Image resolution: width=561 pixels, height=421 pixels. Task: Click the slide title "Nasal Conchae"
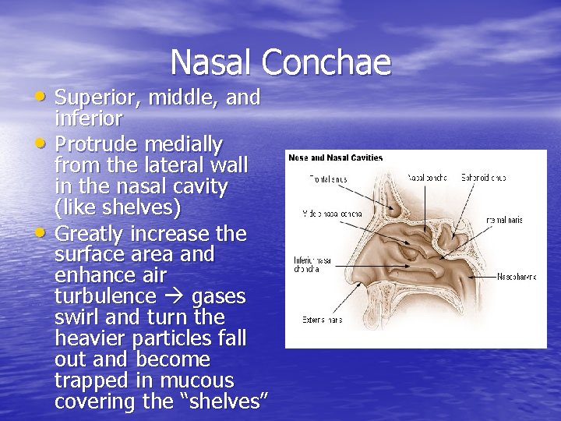click(280, 62)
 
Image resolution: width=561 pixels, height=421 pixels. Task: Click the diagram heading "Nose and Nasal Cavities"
click(336, 157)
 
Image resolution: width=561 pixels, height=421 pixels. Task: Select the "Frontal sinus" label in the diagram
click(328, 179)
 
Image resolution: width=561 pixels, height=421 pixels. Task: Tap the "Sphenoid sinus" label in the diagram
click(483, 178)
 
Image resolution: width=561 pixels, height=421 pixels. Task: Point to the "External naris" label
click(323, 320)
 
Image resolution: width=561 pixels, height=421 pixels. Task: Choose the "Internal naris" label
click(504, 221)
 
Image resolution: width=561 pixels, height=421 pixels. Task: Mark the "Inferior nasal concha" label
click(313, 264)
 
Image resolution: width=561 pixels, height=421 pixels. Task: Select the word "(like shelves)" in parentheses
click(118, 209)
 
